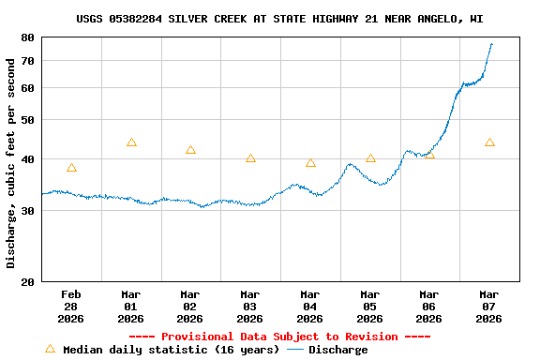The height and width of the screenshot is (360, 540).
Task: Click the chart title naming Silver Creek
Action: [280, 19]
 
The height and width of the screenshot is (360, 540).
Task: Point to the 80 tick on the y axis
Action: [26, 37]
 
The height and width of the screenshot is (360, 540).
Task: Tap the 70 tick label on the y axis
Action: [26, 61]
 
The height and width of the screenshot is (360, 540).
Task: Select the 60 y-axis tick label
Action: [26, 88]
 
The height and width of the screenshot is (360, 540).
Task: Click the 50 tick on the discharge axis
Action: [26, 120]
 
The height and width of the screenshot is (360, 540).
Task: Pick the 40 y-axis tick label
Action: [26, 159]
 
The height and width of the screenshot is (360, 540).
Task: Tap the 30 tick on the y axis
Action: [26, 211]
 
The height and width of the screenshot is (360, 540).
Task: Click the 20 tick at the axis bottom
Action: [26, 281]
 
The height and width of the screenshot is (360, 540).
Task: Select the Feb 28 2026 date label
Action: [71, 307]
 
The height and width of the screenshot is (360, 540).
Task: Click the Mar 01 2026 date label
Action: [131, 307]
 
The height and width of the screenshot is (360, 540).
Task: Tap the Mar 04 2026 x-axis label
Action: [310, 307]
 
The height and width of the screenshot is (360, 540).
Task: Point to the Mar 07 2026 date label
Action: [489, 307]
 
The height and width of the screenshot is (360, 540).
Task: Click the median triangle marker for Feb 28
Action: [71, 168]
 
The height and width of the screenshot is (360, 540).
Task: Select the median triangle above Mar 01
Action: [131, 142]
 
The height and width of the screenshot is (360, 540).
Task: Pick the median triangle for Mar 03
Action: [250, 158]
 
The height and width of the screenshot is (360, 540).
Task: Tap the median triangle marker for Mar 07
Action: [489, 142]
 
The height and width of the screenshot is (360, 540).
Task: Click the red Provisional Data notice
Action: [279, 337]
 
